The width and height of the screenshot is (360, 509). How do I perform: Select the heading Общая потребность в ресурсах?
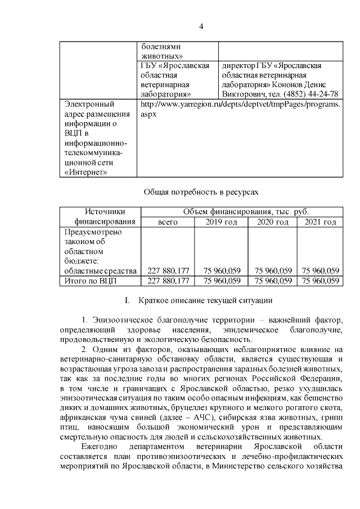pyautogui.click(x=201, y=192)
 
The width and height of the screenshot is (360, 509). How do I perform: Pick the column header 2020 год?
pyautogui.click(x=273, y=223)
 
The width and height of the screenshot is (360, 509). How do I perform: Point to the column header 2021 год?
pyautogui.click(x=320, y=223)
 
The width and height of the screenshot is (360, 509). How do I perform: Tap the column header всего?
pyautogui.click(x=168, y=223)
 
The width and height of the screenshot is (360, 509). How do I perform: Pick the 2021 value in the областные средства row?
pyautogui.click(x=320, y=270)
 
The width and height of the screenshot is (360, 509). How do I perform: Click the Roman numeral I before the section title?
pyautogui.click(x=127, y=300)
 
